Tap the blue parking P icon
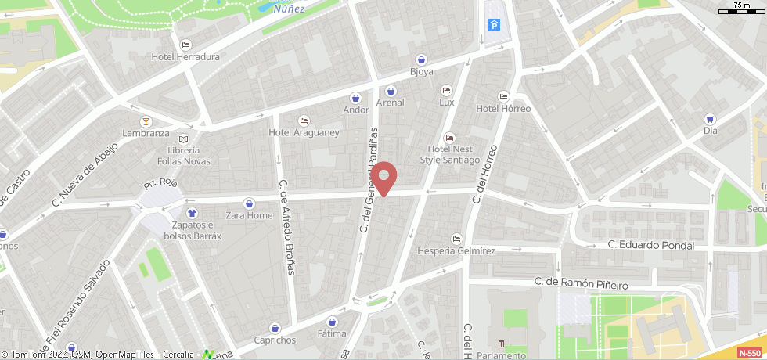click(x=495, y=26)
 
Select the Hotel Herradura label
click(x=185, y=56)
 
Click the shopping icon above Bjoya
click(x=422, y=59)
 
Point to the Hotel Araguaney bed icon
click(x=304, y=121)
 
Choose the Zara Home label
click(x=249, y=215)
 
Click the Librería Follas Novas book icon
click(x=184, y=139)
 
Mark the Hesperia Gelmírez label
click(x=457, y=250)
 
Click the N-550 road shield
click(x=749, y=353)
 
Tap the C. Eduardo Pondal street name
click(x=651, y=245)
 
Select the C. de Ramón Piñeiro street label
click(x=581, y=281)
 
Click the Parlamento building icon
click(x=501, y=344)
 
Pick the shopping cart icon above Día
click(x=710, y=119)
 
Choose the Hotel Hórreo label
click(x=503, y=109)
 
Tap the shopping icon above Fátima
click(x=332, y=322)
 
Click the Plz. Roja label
click(x=161, y=185)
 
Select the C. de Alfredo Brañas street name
click(x=287, y=227)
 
